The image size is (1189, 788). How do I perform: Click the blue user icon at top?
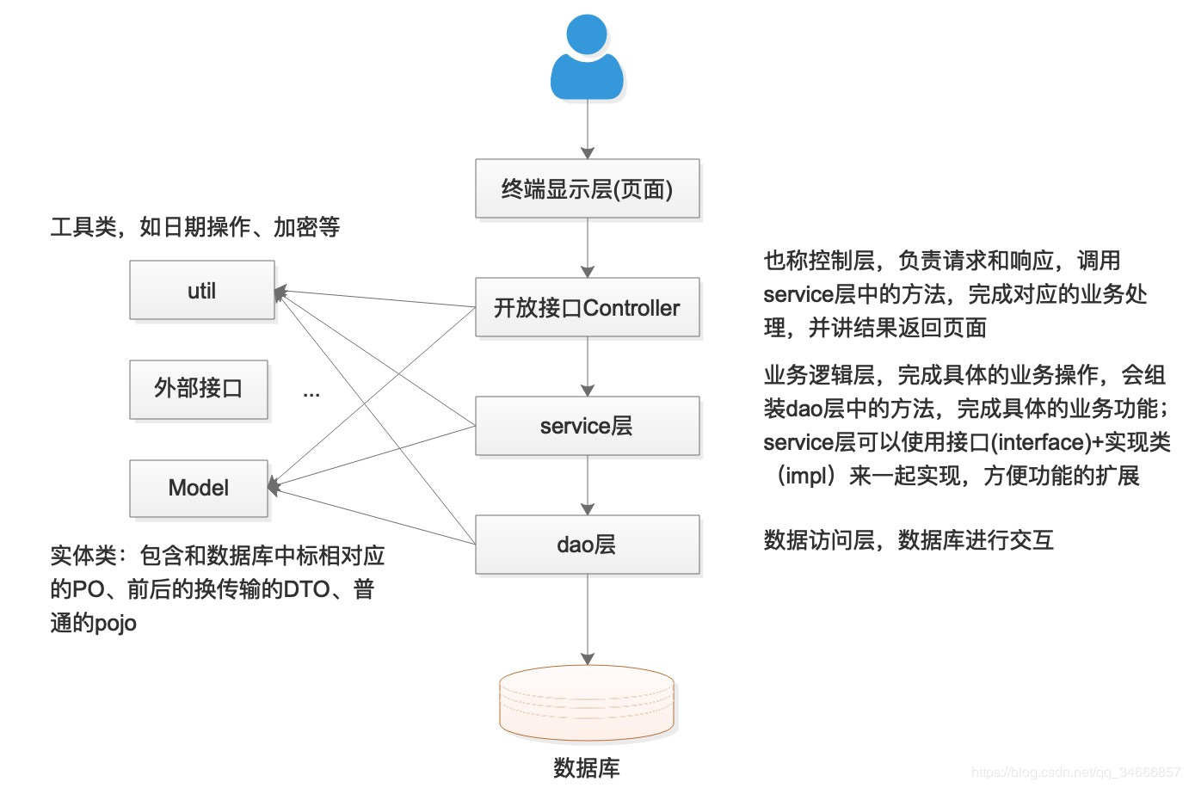(x=587, y=58)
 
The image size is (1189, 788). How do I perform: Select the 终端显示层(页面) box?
(x=587, y=189)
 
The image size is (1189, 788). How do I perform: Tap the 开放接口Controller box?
(x=587, y=308)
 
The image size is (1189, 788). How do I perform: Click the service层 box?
(x=587, y=426)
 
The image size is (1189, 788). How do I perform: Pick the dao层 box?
(x=587, y=545)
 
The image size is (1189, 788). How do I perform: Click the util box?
(x=202, y=291)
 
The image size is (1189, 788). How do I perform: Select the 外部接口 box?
(x=199, y=389)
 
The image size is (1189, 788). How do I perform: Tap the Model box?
(x=199, y=488)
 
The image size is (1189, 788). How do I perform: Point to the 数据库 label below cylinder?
(x=587, y=767)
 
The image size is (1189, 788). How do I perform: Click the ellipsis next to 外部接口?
(x=311, y=393)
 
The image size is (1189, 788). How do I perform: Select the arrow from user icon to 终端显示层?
(x=588, y=129)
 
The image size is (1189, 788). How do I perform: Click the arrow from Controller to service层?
(x=588, y=366)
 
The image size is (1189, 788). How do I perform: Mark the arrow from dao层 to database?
(x=588, y=619)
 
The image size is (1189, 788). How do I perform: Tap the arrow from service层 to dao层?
(x=588, y=485)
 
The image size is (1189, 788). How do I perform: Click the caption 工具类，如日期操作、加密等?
(x=195, y=227)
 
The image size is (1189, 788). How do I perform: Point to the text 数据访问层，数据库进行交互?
(x=909, y=540)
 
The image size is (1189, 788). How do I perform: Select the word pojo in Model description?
(x=115, y=623)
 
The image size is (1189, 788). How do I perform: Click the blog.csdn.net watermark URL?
(x=1075, y=773)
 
